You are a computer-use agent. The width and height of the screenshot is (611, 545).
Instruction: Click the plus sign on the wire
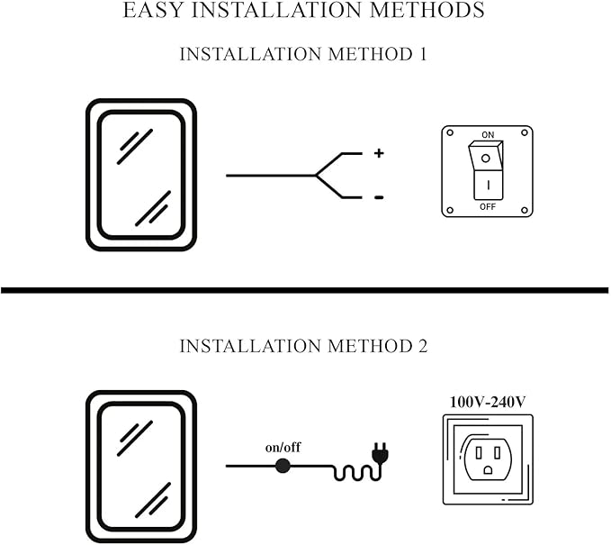[x=379, y=154]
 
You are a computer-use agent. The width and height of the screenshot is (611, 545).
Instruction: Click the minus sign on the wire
[x=379, y=197]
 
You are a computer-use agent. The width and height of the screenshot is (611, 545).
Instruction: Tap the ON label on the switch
[x=488, y=134]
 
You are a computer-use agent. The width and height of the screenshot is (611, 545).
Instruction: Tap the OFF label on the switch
[x=488, y=206]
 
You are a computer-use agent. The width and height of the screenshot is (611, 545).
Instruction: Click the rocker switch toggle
[x=488, y=170]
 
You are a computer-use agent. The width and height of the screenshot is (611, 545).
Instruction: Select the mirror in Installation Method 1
[x=140, y=174]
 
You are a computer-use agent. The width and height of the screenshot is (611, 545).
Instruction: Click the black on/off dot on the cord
[x=283, y=466]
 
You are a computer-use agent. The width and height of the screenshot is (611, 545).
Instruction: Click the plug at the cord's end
[x=381, y=457]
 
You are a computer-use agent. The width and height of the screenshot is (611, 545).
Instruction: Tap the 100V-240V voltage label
[x=488, y=402]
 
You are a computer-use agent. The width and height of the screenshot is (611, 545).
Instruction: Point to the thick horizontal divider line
[x=305, y=290]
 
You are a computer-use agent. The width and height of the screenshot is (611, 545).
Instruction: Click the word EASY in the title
[x=154, y=11]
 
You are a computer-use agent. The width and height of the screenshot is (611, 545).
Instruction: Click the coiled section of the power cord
[x=351, y=469]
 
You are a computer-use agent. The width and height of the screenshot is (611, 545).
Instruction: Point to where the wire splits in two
[x=317, y=175]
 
